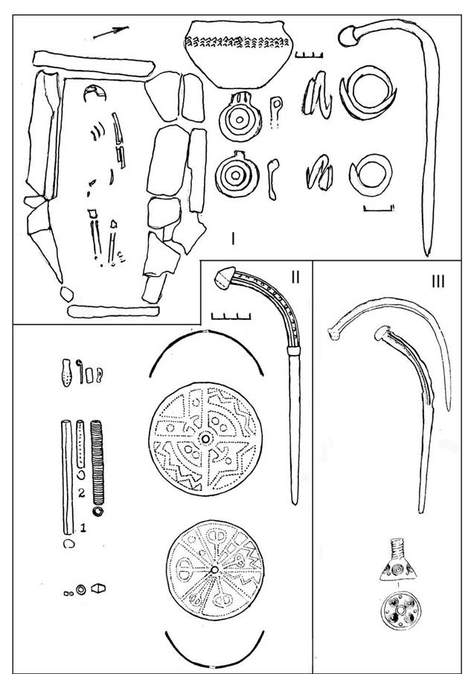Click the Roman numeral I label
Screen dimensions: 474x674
point(233,238)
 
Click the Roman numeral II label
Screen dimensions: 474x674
point(295,277)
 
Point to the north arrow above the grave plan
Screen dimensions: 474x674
point(111,32)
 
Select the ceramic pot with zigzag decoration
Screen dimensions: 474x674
point(239,54)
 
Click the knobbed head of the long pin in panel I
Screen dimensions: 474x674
point(348,36)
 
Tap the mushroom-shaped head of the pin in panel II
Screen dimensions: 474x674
point(224,277)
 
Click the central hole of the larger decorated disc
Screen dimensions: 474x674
point(205,439)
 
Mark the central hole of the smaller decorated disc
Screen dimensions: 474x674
point(214,570)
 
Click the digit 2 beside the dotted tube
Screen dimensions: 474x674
point(81,493)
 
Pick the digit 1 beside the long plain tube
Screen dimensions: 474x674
point(83,527)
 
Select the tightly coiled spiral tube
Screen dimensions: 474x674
point(97,463)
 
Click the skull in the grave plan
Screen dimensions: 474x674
point(95,94)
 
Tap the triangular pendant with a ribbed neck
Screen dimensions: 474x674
point(398,559)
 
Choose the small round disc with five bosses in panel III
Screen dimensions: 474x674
point(400,611)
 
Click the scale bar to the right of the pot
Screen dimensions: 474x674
point(309,54)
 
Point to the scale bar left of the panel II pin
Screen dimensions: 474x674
point(231,316)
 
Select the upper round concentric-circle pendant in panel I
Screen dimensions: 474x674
point(240,118)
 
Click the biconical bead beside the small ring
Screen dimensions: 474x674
point(98,588)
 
